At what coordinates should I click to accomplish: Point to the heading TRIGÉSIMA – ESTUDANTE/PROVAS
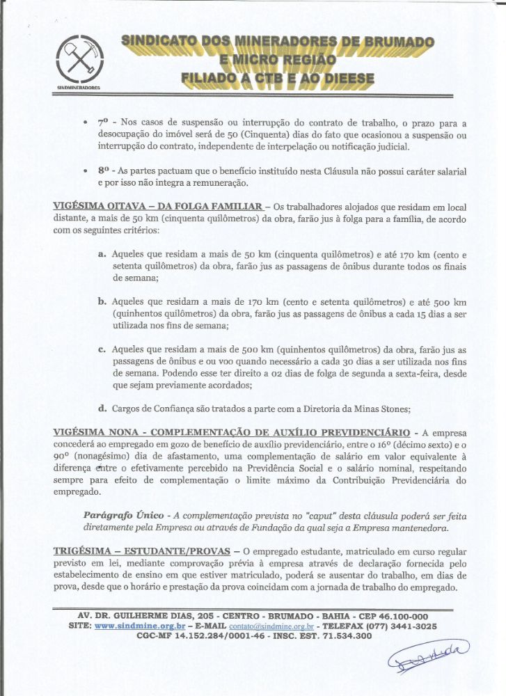[x=143, y=551]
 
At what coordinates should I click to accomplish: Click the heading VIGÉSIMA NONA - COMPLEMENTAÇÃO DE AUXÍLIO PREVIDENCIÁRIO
[x=234, y=432]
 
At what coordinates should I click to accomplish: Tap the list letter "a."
[x=102, y=255]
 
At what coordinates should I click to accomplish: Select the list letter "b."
[x=102, y=302]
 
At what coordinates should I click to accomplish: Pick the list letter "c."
[x=102, y=349]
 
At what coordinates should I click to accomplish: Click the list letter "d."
[x=102, y=409]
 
